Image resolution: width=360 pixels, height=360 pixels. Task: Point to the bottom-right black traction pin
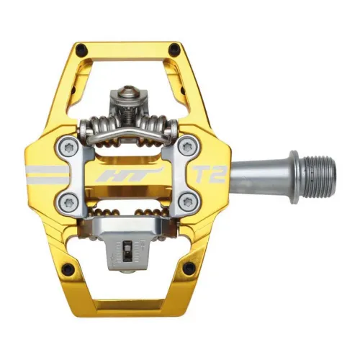188,269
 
